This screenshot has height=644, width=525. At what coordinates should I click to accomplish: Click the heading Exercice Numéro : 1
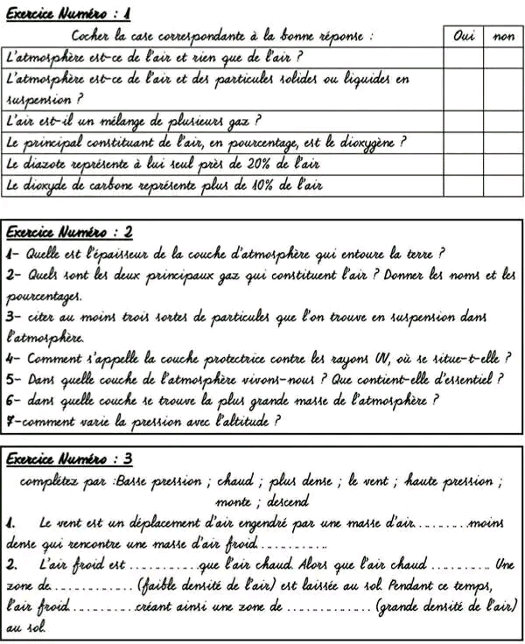(x=68, y=13)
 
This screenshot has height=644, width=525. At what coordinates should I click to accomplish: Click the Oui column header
(x=463, y=36)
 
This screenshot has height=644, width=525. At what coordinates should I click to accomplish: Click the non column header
(x=503, y=36)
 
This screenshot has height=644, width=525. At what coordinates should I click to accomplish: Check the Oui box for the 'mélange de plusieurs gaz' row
(x=463, y=120)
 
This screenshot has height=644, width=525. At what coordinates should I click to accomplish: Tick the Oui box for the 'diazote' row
(x=463, y=164)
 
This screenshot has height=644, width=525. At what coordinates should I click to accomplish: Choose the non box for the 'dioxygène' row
(x=503, y=142)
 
